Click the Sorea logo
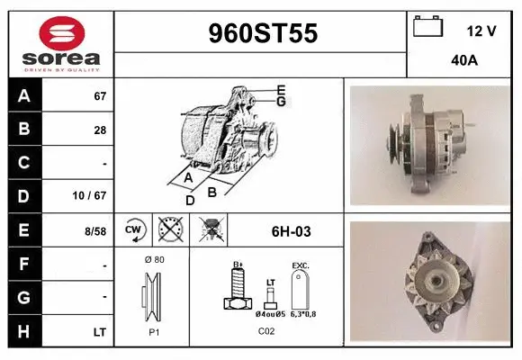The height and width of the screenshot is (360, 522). (x=60, y=43)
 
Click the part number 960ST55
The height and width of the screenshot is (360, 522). (x=262, y=34)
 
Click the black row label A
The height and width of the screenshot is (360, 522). (x=24, y=95)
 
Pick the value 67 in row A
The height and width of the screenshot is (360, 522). (x=99, y=95)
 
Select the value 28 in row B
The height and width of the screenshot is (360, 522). (x=99, y=130)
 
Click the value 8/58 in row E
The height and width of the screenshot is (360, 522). (x=94, y=231)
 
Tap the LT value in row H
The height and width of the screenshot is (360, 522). (x=99, y=332)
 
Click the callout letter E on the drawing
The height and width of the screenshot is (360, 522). (x=281, y=89)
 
